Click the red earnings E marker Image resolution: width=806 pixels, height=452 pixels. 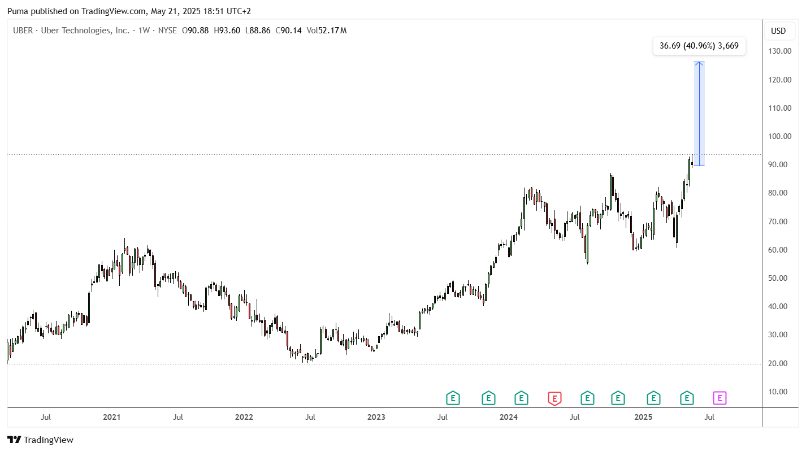click(x=554, y=398)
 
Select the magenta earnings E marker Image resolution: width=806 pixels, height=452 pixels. click(x=720, y=398)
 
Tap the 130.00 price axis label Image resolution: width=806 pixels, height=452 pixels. click(x=780, y=51)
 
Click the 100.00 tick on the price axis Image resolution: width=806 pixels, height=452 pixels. click(x=780, y=136)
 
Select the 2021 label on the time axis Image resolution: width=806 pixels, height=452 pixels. click(x=111, y=417)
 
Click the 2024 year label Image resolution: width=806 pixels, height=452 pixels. click(x=509, y=417)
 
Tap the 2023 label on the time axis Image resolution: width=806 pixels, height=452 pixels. click(x=376, y=417)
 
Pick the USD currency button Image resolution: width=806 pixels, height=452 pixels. click(x=778, y=31)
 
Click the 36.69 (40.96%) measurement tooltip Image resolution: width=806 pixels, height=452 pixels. click(x=699, y=46)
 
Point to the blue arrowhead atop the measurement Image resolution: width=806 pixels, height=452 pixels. click(x=699, y=63)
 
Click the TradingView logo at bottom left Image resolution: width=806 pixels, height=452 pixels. click(x=40, y=440)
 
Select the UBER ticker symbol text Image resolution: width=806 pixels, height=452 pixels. click(x=23, y=31)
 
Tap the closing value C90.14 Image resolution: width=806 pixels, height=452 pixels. click(x=289, y=31)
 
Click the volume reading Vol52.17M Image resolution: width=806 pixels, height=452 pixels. click(x=327, y=31)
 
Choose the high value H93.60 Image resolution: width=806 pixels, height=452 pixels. click(x=227, y=31)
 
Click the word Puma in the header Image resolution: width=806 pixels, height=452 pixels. click(x=18, y=11)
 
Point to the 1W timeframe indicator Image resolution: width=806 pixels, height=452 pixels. click(x=144, y=31)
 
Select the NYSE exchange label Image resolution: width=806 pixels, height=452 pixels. click(x=167, y=31)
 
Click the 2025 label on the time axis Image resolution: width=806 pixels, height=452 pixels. click(x=643, y=417)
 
